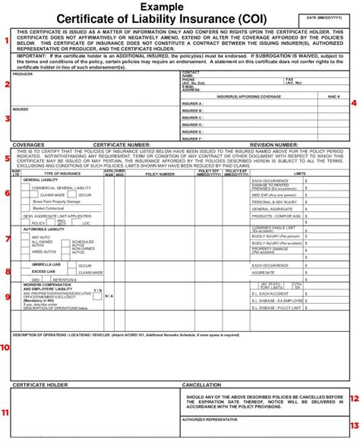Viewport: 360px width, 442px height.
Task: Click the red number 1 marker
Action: (x=6, y=39)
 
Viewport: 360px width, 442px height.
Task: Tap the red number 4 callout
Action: (x=353, y=103)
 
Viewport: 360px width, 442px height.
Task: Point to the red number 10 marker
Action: (x=6, y=347)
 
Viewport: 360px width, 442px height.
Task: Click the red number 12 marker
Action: (x=353, y=398)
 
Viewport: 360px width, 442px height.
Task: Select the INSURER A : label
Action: (x=192, y=103)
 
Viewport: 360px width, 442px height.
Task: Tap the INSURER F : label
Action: (x=192, y=138)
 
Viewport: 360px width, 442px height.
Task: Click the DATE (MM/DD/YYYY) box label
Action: (x=324, y=16)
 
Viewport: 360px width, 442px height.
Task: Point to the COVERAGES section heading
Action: (x=28, y=144)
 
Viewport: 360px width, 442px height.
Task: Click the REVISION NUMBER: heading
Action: (x=274, y=144)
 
